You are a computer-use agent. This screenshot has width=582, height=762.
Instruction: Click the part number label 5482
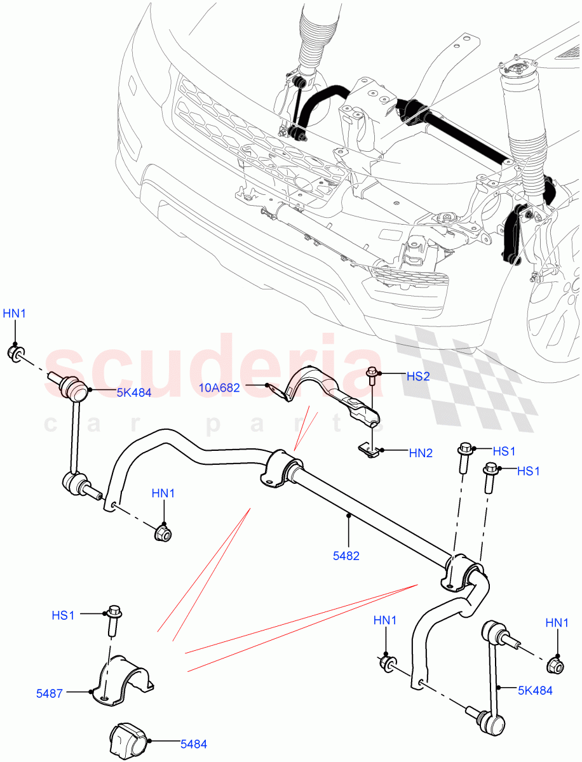346,556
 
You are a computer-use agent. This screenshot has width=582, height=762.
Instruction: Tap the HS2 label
418,377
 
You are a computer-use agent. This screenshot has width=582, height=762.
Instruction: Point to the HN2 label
421,453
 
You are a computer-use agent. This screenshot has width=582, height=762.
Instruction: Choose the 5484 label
193,744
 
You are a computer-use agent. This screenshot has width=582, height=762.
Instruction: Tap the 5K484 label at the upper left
133,392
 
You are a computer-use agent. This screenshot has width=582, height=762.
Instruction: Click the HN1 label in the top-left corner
15,312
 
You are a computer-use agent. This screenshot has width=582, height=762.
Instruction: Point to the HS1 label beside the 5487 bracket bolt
64,615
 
